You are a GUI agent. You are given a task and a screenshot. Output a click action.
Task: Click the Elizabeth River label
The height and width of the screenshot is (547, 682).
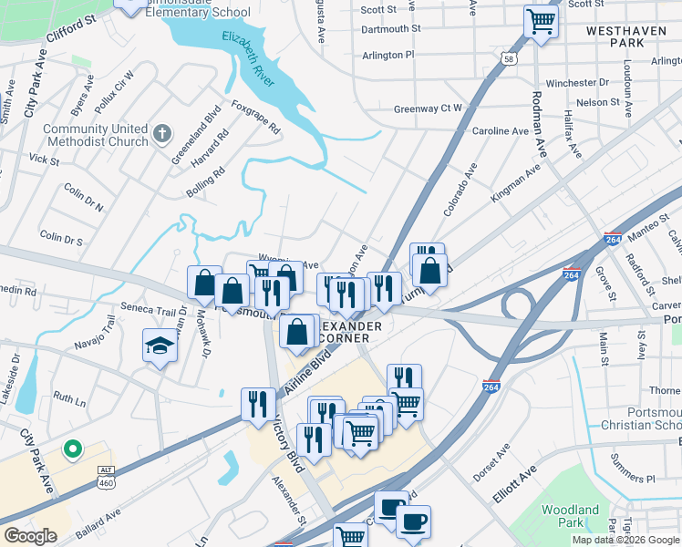coord(248,57)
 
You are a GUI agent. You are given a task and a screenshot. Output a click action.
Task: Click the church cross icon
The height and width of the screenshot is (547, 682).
coord(163,134)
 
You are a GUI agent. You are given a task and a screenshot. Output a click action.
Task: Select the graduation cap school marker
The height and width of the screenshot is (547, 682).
coord(158,346)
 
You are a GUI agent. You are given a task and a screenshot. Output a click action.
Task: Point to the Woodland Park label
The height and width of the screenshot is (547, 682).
coord(570,516)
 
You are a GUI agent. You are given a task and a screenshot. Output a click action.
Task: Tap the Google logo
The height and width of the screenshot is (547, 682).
coord(30,536)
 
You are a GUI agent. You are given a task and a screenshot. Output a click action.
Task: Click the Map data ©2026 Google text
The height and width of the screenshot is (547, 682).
coord(626,540)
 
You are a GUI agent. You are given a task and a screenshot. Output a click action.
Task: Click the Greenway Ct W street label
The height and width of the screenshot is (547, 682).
coord(428,108)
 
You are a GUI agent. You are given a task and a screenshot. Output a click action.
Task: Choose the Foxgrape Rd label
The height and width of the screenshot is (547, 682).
coord(256,117)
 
